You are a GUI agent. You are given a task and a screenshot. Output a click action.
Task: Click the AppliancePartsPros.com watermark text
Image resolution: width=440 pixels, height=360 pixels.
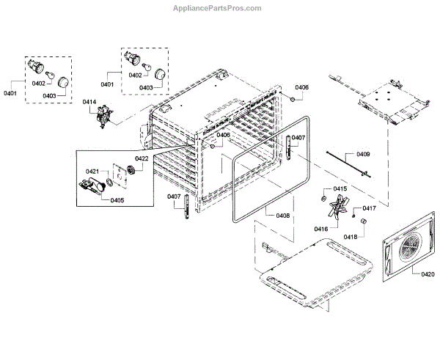(x=219, y=8)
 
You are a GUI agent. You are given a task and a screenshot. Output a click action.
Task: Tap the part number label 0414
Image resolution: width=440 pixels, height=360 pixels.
(x=89, y=101)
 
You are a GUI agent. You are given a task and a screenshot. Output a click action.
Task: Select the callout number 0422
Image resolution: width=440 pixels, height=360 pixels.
(x=141, y=158)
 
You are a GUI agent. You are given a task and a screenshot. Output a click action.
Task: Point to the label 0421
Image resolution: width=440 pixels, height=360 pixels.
(x=92, y=172)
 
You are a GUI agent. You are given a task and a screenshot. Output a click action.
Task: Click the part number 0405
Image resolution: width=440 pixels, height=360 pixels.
(x=117, y=199)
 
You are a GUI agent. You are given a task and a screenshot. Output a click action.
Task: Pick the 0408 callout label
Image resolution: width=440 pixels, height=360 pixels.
(x=282, y=216)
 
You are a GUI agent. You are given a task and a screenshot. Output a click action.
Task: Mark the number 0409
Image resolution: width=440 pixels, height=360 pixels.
(x=363, y=155)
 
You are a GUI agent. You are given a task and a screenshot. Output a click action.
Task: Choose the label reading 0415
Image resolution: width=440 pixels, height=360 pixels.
(x=340, y=189)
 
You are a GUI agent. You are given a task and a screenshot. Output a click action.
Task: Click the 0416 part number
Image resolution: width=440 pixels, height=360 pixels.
(x=321, y=229)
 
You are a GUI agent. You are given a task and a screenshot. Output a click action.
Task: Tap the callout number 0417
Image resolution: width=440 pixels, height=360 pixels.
(x=370, y=208)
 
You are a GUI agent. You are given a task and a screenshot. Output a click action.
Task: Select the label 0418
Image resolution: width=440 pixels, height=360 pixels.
(x=351, y=237)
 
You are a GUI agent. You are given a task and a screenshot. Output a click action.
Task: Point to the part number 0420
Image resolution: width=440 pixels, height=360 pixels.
(x=428, y=274)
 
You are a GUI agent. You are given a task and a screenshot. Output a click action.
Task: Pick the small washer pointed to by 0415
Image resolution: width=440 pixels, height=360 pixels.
(x=324, y=197)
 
